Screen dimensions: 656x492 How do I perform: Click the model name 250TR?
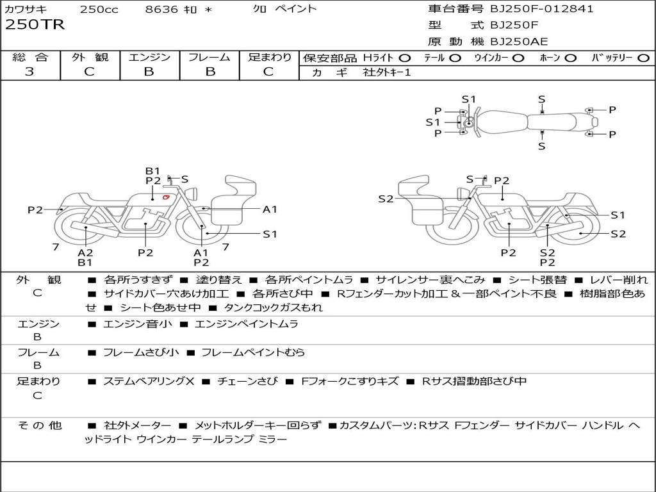click(35, 26)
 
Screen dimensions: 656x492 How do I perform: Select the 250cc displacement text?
click(99, 10)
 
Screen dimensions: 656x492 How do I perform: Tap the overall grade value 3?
click(29, 72)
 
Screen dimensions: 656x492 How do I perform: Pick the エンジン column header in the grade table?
click(149, 57)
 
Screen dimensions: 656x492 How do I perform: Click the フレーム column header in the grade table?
click(209, 57)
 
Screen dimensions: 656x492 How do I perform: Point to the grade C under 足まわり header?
click(268, 72)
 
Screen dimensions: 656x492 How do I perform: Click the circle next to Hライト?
click(405, 58)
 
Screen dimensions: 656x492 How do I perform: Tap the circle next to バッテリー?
click(643, 58)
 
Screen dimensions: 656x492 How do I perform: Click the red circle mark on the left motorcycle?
click(166, 197)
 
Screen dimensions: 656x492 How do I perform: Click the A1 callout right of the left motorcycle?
click(270, 209)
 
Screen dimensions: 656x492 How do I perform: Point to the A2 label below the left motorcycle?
click(85, 252)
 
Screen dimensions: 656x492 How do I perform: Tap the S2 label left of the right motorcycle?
click(386, 199)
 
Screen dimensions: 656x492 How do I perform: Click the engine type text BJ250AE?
click(519, 42)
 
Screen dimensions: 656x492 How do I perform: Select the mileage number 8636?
click(161, 10)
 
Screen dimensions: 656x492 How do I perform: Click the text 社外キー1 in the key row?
click(387, 73)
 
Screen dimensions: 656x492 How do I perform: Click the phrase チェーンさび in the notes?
click(247, 381)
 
